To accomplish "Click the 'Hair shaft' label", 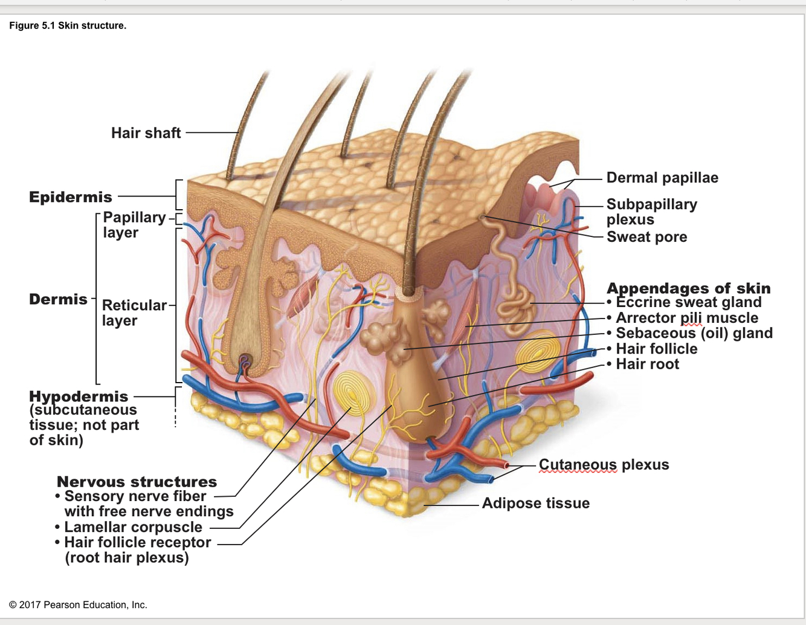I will coord(146,133).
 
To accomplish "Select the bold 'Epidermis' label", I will coord(71,197).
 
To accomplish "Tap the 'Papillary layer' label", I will coord(134,224).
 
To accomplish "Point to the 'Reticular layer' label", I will coord(134,312).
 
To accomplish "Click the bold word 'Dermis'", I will coord(58,299).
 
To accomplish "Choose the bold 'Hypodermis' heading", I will coord(79,397).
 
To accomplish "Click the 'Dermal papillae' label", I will coord(662,178).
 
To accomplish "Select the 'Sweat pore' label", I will coord(646,237).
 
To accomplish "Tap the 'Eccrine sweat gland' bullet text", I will coord(688,302).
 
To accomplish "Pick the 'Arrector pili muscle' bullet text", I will coord(687,318).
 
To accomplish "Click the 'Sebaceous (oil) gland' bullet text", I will coord(694,333).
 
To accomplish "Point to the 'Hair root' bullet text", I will coord(647,364).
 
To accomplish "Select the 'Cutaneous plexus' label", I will coord(604,465).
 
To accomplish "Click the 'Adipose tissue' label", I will coord(535,503).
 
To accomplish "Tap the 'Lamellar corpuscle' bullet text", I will coord(133,527).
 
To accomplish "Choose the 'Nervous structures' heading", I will coord(137,482).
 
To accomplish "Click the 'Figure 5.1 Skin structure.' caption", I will coord(68,25).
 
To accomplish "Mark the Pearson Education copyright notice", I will coord(78,604).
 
